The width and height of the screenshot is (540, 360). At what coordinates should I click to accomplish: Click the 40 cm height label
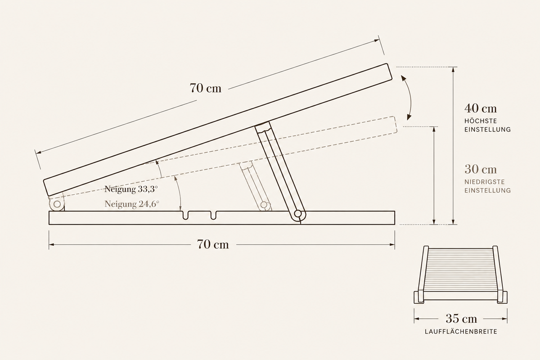coord(481,108)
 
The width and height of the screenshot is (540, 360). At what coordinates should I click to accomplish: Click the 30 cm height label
coord(481,169)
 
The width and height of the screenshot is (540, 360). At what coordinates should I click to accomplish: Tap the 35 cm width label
coord(461,319)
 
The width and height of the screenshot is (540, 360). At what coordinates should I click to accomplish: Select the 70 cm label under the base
coord(213,244)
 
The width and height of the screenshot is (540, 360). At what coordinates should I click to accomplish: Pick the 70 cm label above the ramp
coord(205,88)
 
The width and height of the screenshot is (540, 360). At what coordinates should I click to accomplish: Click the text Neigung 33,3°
coord(131,189)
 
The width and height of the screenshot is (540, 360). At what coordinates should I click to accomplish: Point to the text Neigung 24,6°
coord(131,204)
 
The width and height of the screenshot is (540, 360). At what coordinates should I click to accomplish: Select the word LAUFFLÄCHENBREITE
coord(461,332)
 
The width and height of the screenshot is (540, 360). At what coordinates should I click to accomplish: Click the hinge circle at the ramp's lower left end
coord(57,204)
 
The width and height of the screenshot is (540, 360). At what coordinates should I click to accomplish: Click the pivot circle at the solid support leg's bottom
coord(298,214)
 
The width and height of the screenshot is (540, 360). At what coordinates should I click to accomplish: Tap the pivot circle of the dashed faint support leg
coord(264,205)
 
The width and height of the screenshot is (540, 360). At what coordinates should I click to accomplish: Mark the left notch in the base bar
coord(185,215)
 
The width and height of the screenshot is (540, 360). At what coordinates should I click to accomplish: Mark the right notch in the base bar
coord(213,215)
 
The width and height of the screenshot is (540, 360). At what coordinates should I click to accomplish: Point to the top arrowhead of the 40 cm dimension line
coord(453,70)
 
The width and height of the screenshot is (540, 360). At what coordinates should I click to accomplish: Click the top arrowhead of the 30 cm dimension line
coord(434,130)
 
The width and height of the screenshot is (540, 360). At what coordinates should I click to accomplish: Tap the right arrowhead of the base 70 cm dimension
coord(392,244)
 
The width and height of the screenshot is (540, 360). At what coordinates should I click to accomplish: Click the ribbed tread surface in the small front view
coord(461,270)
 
